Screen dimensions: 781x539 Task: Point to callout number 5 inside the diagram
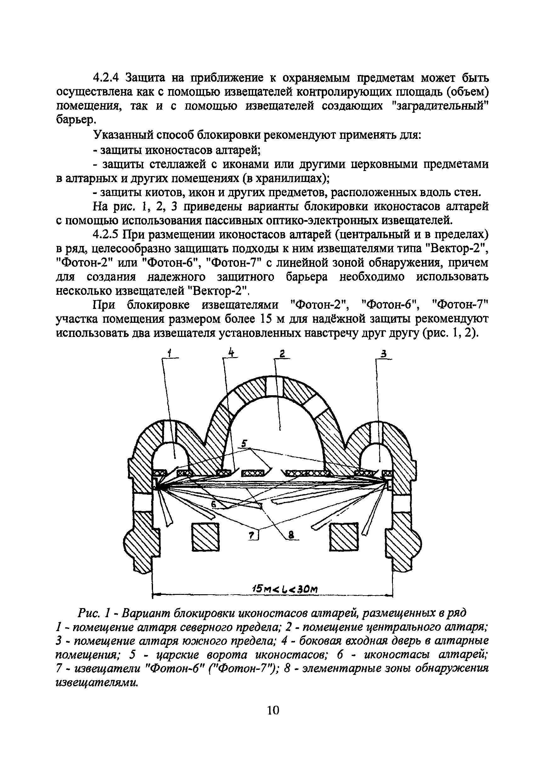245,443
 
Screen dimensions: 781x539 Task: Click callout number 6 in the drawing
213,504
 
